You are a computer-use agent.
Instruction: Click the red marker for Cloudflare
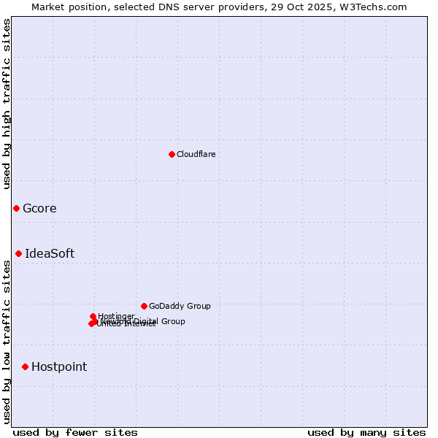click(172, 154)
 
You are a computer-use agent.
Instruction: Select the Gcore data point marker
click(16, 209)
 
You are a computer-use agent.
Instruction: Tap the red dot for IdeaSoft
click(18, 254)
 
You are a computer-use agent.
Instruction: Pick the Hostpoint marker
click(25, 366)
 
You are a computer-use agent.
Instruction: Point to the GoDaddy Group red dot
click(144, 306)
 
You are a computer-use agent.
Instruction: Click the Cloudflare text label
click(196, 154)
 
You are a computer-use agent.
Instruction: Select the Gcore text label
click(39, 209)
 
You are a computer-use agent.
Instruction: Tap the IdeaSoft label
click(50, 254)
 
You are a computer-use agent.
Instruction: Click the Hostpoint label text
click(59, 366)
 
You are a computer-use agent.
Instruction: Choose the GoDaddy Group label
click(180, 306)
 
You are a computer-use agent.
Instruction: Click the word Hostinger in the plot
click(116, 316)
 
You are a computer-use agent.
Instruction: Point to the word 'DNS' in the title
click(180, 7)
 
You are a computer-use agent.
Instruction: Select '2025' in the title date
click(325, 7)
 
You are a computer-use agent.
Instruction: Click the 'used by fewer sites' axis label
click(75, 432)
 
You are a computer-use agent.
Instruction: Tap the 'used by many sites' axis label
click(366, 432)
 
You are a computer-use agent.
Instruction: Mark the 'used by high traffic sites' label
click(7, 104)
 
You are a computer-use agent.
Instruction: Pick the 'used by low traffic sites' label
click(7, 342)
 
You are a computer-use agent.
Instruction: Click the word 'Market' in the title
click(48, 7)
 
